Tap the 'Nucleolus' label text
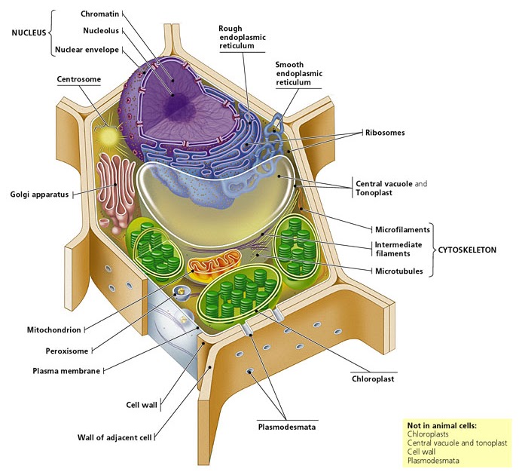(x=100, y=31)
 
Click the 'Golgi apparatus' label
(x=39, y=195)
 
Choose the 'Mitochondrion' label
(x=52, y=329)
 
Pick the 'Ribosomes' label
(x=386, y=133)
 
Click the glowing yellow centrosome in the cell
(x=110, y=136)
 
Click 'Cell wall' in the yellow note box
(x=422, y=452)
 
